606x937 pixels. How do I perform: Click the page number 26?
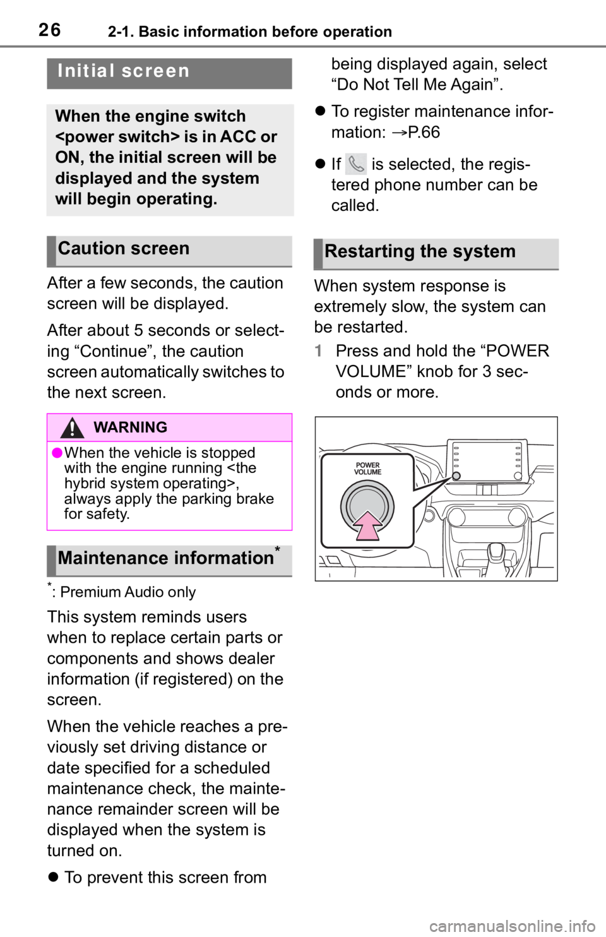tap(50, 30)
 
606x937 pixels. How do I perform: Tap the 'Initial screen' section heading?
tap(124, 71)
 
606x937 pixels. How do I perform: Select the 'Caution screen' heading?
tap(124, 249)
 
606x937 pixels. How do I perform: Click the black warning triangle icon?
tap(72, 427)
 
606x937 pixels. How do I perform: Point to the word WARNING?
tap(131, 427)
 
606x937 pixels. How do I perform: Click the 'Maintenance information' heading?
tap(165, 558)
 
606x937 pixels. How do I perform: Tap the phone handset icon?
tap(356, 164)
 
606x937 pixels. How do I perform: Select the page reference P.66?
tap(424, 132)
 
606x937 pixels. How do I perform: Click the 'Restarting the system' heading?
tap(420, 251)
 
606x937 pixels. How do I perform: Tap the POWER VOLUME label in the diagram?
tap(367, 469)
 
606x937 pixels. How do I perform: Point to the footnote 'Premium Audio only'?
tap(128, 592)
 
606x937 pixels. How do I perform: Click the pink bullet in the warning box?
tap(57, 453)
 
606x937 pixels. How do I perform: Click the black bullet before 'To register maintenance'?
tap(320, 112)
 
